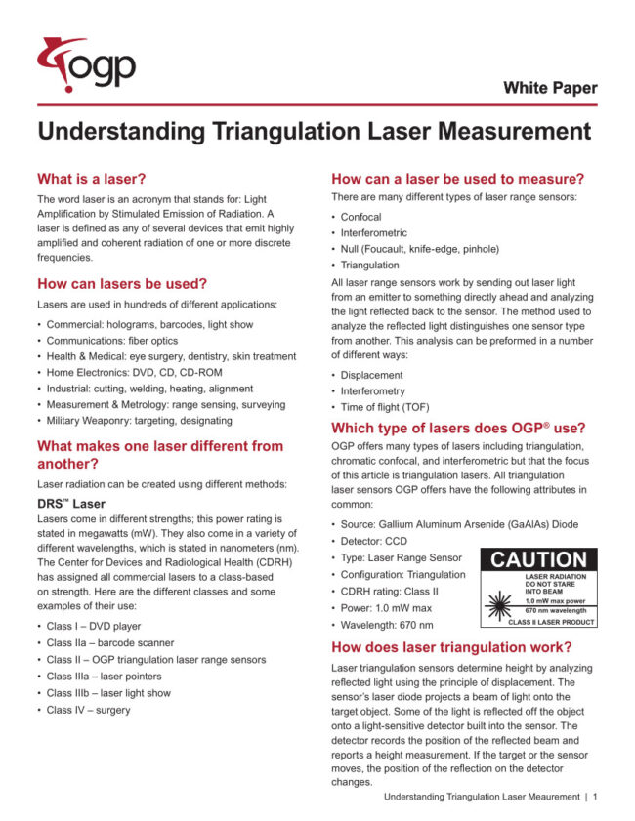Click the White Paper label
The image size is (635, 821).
click(550, 88)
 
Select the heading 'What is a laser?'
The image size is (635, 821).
click(91, 179)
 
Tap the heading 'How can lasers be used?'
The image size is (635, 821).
click(121, 284)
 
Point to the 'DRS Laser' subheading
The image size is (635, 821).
click(71, 503)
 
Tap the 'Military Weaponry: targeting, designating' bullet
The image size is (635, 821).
click(140, 421)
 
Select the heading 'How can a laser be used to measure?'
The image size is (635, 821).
click(458, 179)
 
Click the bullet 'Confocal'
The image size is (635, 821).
click(360, 217)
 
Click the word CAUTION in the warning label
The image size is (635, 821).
click(538, 560)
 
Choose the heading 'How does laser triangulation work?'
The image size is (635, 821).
click(451, 647)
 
